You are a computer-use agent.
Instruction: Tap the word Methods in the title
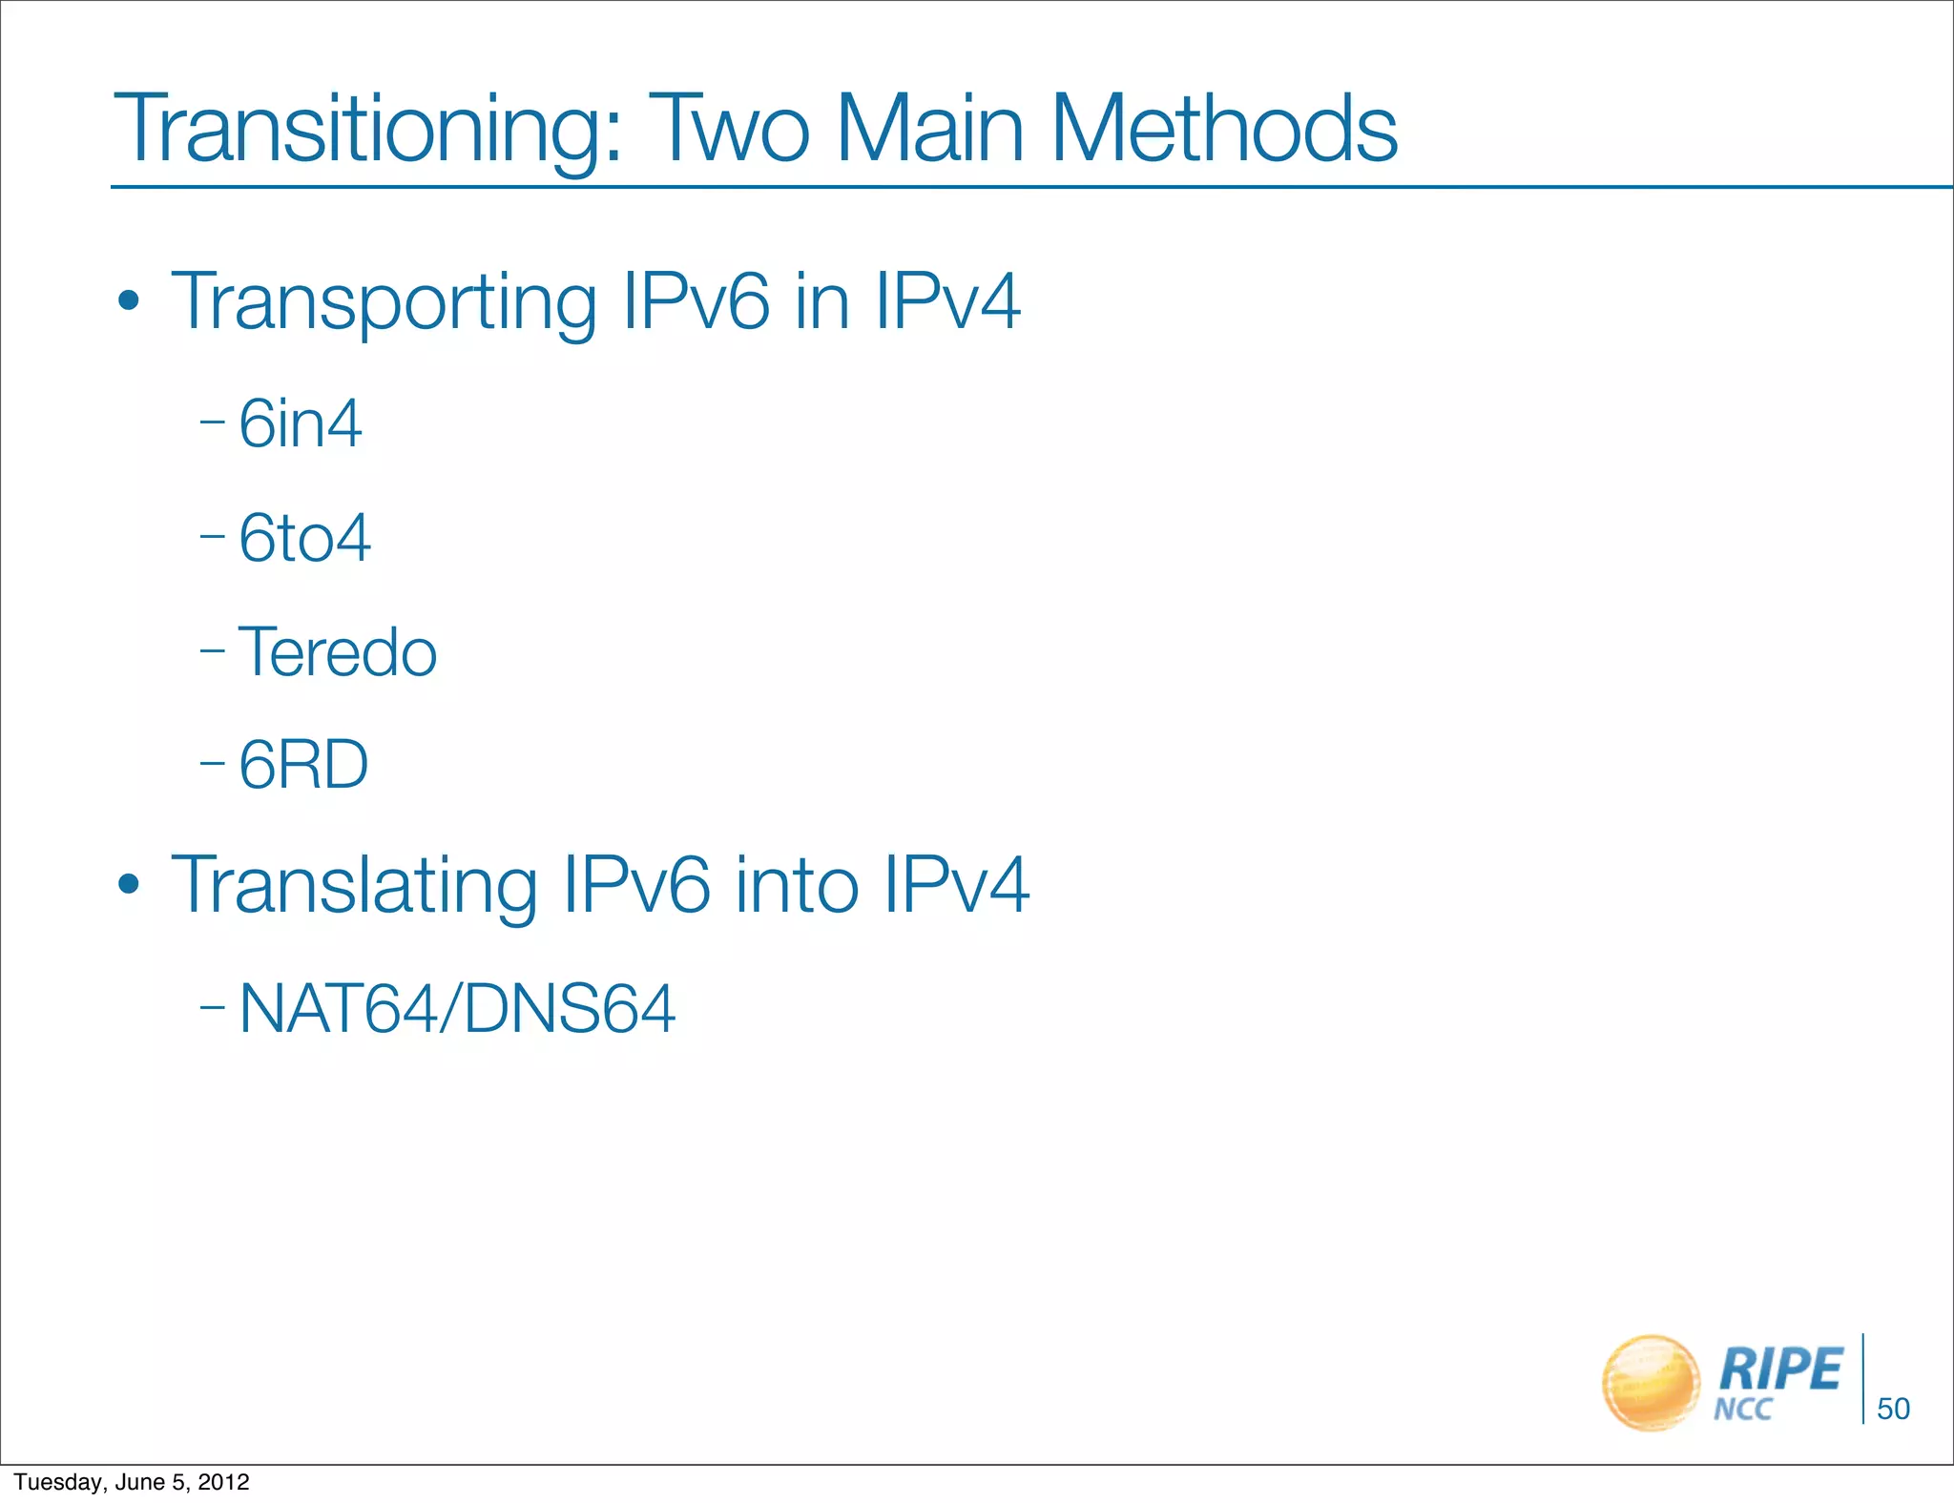pyautogui.click(x=1224, y=130)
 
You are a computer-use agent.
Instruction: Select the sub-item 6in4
pyautogui.click(x=301, y=423)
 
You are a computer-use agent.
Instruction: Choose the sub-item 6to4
pyautogui.click(x=304, y=538)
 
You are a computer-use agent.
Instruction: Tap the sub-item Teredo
pyautogui.click(x=338, y=652)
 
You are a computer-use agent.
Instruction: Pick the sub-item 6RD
pyautogui.click(x=303, y=765)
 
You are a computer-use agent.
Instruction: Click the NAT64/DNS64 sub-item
pyautogui.click(x=457, y=1009)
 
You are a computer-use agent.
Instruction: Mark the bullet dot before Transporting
pyautogui.click(x=129, y=304)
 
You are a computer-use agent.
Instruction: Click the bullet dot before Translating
pyautogui.click(x=129, y=886)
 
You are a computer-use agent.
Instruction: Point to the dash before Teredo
pyautogui.click(x=212, y=651)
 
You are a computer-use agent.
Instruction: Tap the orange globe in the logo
pyautogui.click(x=1650, y=1383)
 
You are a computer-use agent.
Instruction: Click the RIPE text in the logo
pyautogui.click(x=1780, y=1369)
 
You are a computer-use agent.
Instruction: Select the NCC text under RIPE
pyautogui.click(x=1743, y=1410)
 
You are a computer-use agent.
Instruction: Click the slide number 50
pyautogui.click(x=1893, y=1409)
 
